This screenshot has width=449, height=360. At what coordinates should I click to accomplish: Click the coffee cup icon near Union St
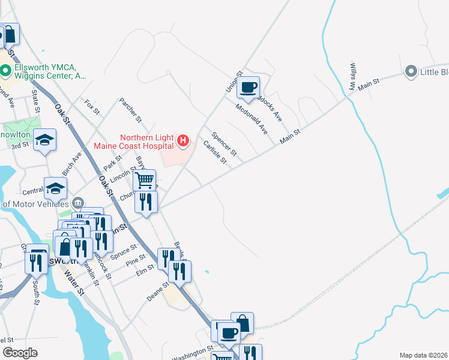(x=248, y=88)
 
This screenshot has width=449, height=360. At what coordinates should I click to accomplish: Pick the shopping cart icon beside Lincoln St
(x=144, y=180)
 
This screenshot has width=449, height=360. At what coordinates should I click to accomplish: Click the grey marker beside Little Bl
(x=411, y=72)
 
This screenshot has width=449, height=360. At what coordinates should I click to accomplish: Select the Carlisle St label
(x=214, y=152)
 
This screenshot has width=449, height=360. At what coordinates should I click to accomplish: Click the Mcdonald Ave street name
(x=252, y=119)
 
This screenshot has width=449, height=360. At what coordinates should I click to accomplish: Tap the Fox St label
(x=92, y=107)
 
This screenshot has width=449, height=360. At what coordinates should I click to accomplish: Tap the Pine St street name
(x=136, y=260)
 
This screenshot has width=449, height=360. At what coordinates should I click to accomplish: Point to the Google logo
(x=20, y=353)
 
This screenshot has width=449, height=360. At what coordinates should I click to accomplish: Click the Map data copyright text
(x=423, y=355)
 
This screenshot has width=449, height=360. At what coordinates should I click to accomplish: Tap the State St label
(x=35, y=102)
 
